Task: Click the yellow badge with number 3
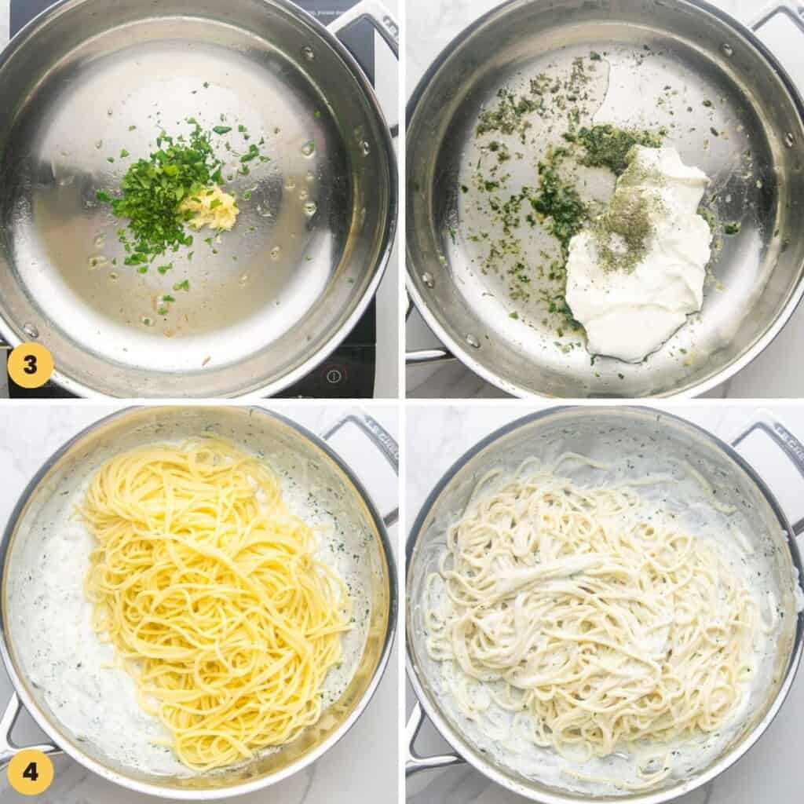30,365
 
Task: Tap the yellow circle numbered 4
30,772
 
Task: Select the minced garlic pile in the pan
210,209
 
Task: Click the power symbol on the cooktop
334,375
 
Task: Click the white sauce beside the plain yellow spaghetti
55,597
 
